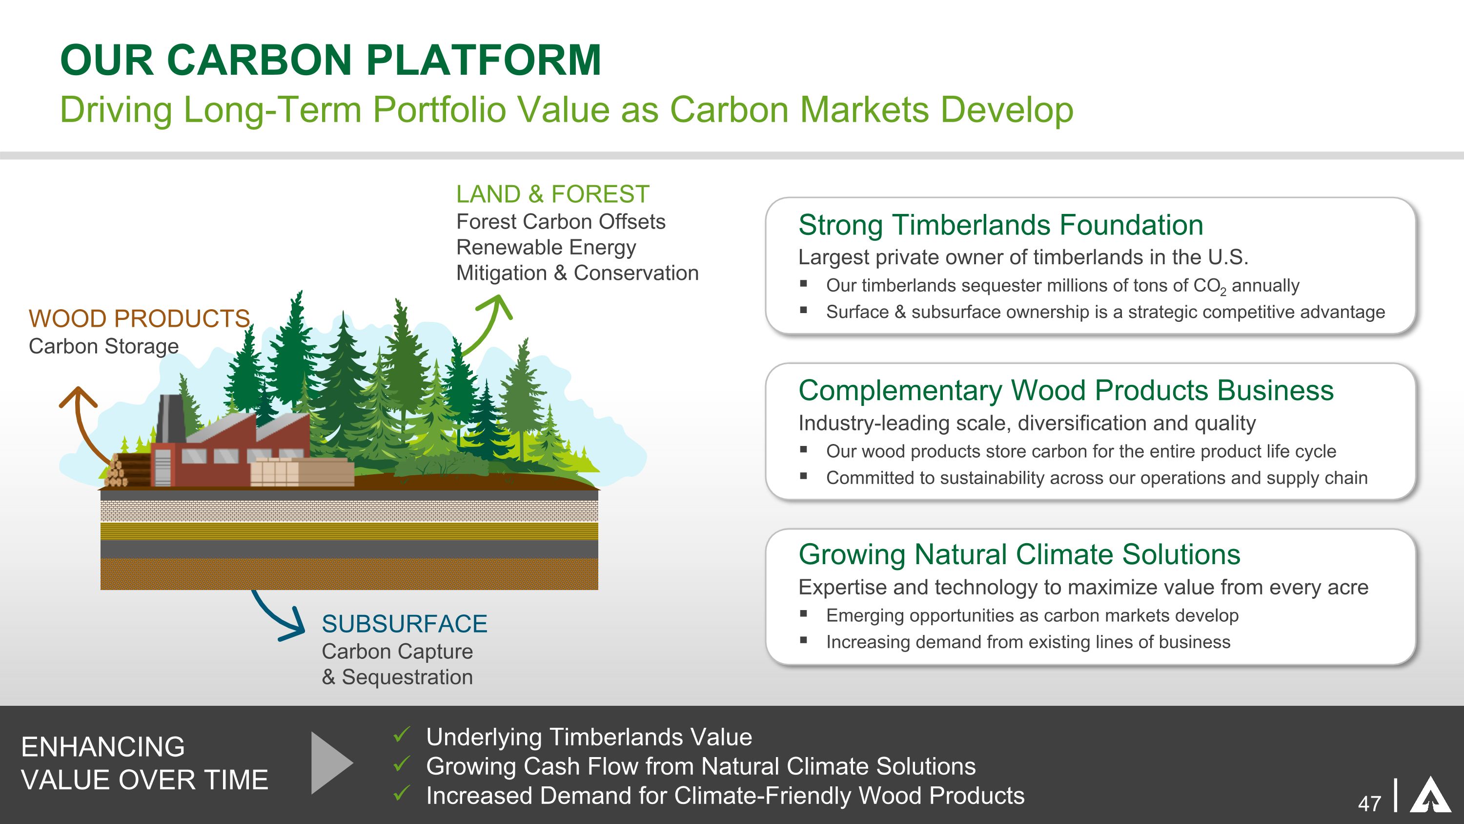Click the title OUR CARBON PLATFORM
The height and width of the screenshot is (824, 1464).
tap(331, 60)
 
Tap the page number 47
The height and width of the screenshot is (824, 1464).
tap(1370, 803)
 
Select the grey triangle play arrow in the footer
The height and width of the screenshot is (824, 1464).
tap(332, 762)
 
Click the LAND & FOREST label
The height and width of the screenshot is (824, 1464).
tap(552, 194)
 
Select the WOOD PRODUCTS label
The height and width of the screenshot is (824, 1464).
tap(139, 318)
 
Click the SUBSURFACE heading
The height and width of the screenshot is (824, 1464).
tap(405, 624)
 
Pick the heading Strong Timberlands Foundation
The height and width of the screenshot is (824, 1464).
tap(1001, 225)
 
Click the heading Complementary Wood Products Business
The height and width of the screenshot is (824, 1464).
tap(1066, 390)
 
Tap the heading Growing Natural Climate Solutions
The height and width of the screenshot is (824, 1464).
tap(1019, 554)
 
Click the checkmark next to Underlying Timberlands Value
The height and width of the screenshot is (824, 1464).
tap(401, 735)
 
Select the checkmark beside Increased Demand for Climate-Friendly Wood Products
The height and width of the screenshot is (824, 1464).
tap(401, 793)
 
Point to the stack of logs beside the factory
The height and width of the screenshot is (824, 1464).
tap(127, 470)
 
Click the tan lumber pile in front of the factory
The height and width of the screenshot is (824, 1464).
tap(302, 472)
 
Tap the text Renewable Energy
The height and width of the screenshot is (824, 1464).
tap(546, 247)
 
